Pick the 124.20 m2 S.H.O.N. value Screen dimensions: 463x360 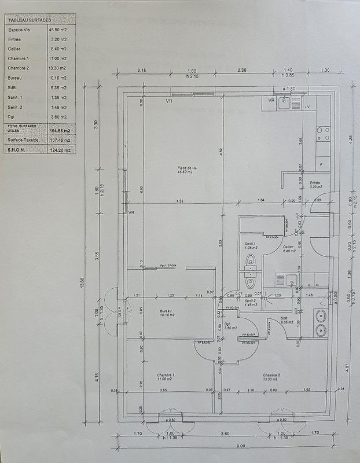point(58,150)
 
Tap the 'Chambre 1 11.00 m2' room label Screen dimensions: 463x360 point(166,377)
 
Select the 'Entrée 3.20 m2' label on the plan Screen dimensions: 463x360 point(315,185)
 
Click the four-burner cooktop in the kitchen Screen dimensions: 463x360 point(323,134)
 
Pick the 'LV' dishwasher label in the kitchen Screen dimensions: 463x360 point(307,108)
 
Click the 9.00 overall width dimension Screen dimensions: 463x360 point(225,445)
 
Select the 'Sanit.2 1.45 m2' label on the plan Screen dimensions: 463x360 point(249,303)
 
